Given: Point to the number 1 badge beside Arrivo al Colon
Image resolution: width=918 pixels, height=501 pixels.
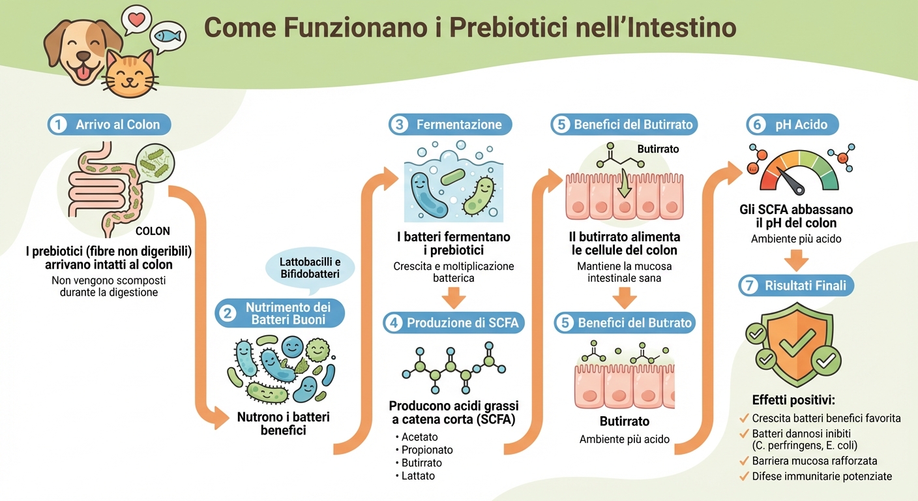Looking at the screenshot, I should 58,124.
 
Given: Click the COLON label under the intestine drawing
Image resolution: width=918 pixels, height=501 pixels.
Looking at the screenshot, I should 153,231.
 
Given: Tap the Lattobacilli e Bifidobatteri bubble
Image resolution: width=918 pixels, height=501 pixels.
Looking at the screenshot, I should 311,267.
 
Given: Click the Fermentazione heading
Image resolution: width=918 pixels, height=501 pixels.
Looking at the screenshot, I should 459,124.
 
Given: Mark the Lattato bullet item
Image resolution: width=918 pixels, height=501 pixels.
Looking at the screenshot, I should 418,476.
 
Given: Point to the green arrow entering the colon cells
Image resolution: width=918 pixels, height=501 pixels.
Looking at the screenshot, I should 625,183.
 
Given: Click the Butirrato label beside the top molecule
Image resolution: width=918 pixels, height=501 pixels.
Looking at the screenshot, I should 658,149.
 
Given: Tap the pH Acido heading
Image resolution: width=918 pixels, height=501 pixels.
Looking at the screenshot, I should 801,124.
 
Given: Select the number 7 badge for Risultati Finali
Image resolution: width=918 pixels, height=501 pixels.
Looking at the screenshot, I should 750,285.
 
